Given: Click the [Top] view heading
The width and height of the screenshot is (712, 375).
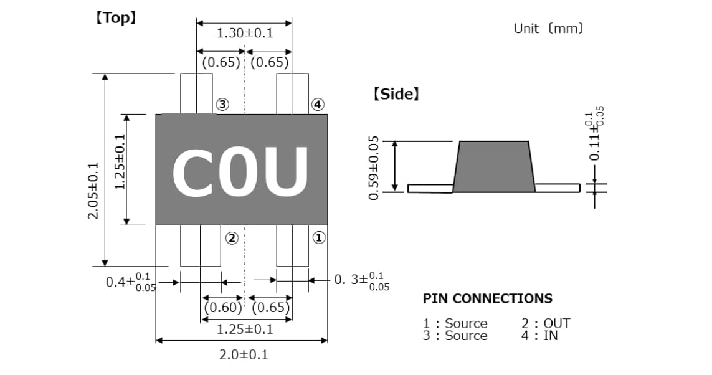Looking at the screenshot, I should tap(115, 17).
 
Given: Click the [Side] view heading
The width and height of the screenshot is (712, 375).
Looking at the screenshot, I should tap(396, 95).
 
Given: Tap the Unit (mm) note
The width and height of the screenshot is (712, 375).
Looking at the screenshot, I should tap(548, 29).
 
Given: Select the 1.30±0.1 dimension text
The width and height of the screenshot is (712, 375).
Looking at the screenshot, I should tap(245, 33).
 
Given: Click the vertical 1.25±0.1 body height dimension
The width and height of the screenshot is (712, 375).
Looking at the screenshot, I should tap(120, 162).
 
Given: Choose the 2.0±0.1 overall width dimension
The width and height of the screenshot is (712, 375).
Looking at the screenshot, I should tap(244, 355).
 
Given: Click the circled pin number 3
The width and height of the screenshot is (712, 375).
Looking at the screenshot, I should tap(222, 105).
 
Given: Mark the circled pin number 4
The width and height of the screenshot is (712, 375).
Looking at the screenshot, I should tap(318, 105).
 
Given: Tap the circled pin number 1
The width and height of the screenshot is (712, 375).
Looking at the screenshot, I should tap(318, 238).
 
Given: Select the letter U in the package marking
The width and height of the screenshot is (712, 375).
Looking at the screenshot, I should tap(285, 171).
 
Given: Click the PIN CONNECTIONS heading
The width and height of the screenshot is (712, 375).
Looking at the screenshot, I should tap(487, 298).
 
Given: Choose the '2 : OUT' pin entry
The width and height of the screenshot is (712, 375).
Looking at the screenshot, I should tap(546, 323).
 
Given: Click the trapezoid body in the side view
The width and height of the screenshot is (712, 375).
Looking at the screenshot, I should tap(494, 166).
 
